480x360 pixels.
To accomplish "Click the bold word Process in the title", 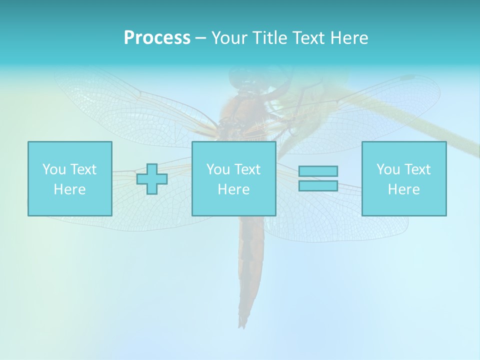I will (x=157, y=38).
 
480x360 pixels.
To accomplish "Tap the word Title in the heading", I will (x=269, y=38).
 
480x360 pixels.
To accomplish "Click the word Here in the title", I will (x=349, y=38).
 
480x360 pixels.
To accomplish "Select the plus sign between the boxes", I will (x=152, y=179).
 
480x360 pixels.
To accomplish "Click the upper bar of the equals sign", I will (x=318, y=171).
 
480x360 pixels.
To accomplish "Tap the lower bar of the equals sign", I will (x=318, y=185).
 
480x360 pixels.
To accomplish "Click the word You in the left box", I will (x=53, y=169).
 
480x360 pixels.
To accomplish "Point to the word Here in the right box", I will (x=404, y=189).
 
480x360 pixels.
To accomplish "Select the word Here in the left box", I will (x=69, y=189).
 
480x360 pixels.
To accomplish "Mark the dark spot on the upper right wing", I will (x=408, y=78).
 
